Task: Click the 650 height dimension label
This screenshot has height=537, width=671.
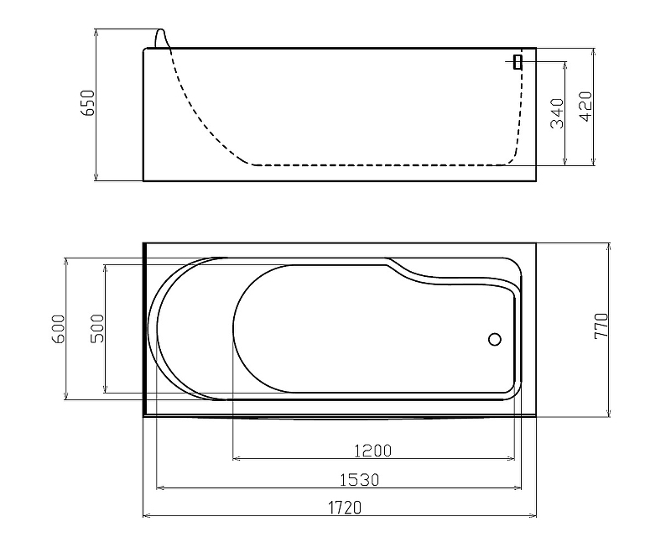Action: pos(88,102)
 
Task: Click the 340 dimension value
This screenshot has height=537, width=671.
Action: pos(557,113)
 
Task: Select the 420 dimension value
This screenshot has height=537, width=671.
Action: pos(585,107)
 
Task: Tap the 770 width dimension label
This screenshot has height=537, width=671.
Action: pos(601,326)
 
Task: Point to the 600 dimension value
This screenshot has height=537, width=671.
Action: pos(59,329)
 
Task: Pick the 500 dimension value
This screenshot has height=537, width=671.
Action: pos(97,328)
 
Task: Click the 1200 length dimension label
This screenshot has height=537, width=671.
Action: pos(373,451)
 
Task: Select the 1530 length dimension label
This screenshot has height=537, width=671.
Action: pos(360,480)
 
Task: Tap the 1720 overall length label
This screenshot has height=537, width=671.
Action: pos(345,508)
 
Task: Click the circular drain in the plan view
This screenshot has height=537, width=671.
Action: pos(495,339)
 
